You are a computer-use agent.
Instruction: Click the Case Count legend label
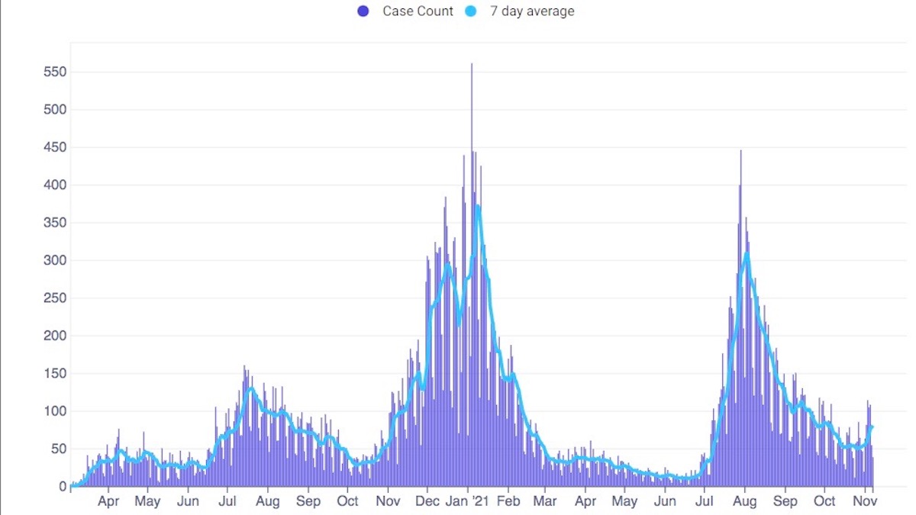click(418, 11)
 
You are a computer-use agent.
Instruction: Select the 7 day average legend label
click(533, 11)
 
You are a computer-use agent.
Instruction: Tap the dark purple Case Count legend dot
click(363, 11)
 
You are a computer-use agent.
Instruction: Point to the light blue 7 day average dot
click(471, 11)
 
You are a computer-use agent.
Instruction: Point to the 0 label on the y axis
click(63, 487)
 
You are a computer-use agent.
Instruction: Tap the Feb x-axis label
click(508, 502)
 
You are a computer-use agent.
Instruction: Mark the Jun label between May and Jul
click(188, 502)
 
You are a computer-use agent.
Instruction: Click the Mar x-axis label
click(544, 502)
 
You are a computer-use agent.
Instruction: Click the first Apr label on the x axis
click(108, 502)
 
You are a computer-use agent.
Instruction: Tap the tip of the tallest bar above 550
click(472, 64)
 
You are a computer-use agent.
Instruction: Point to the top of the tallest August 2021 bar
click(740, 151)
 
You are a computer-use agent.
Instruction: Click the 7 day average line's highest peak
click(477, 205)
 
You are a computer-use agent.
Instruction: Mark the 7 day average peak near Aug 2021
click(747, 253)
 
